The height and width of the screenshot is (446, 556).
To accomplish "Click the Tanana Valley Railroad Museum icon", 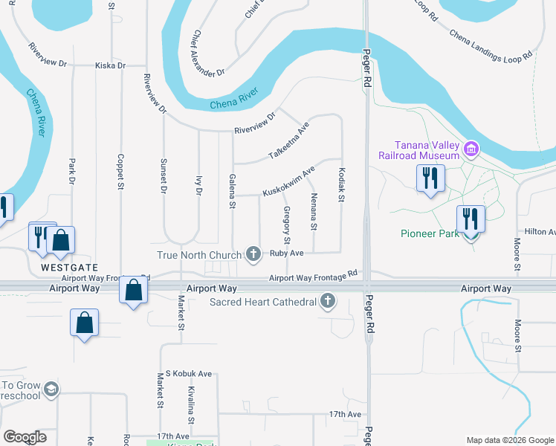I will click(470, 149).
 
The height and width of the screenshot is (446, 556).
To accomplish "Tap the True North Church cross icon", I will click(253, 254).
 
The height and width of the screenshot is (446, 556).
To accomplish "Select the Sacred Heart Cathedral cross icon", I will click(328, 302).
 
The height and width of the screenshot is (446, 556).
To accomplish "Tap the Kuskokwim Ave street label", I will click(289, 181).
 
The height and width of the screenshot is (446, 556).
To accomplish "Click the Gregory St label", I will click(287, 225).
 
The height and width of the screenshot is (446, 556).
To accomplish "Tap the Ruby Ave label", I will click(287, 253).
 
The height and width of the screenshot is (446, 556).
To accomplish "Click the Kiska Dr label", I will click(111, 65).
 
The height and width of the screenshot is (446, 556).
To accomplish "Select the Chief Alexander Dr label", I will click(208, 54).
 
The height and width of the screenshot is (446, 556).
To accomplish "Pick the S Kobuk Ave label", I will click(189, 373).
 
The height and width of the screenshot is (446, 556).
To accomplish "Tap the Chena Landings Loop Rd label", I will click(491, 45).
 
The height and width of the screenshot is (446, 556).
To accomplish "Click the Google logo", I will click(25, 437).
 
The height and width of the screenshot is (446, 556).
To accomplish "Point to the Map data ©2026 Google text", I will click(509, 440).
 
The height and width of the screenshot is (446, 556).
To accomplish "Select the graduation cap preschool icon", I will click(51, 390).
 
